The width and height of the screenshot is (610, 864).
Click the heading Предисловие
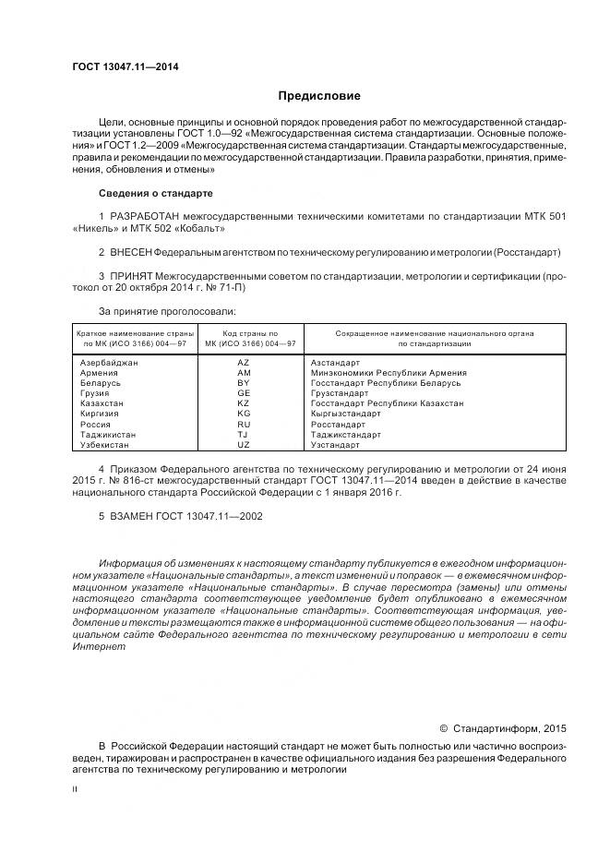click(319, 96)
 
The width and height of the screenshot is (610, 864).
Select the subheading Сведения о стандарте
click(156, 194)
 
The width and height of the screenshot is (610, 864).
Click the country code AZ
click(244, 363)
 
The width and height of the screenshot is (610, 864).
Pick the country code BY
click(244, 383)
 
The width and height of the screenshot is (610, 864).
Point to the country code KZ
click(244, 403)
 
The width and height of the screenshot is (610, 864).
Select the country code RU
click(244, 424)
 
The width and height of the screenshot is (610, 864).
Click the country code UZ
click(244, 445)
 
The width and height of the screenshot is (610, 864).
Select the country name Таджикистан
click(109, 434)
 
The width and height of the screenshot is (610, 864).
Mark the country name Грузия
click(95, 393)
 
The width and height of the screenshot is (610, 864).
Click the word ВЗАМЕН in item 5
click(133, 517)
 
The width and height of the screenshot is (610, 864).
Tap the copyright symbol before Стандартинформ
click(443, 727)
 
